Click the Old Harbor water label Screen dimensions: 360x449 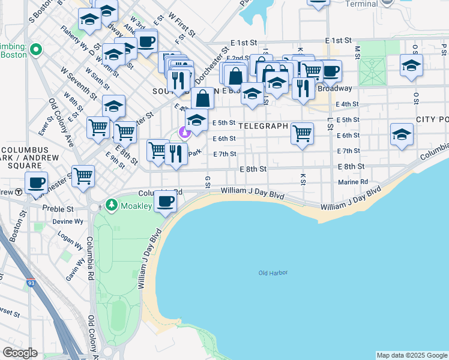click(273, 273)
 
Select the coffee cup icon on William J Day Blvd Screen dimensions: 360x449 click(166, 201)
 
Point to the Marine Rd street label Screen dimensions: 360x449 click(353, 182)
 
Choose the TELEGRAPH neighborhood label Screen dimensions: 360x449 click(263, 127)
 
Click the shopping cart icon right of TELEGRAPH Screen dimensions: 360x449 click(302, 133)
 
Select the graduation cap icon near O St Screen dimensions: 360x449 click(411, 66)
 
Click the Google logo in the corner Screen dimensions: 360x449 click(20, 353)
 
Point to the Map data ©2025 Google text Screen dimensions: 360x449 click(411, 355)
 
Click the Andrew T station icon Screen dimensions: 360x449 click(19, 192)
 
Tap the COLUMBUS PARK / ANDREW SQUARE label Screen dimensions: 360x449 click(29, 158)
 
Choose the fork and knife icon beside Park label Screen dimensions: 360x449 click(176, 154)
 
